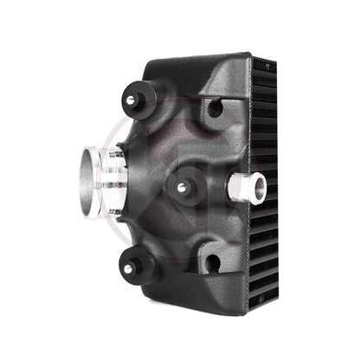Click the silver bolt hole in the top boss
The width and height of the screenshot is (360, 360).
(131, 100)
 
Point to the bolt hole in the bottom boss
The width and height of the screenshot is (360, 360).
(128, 270)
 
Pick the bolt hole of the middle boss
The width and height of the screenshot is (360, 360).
(181, 188)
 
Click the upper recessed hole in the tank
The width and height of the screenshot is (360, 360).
(214, 109)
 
